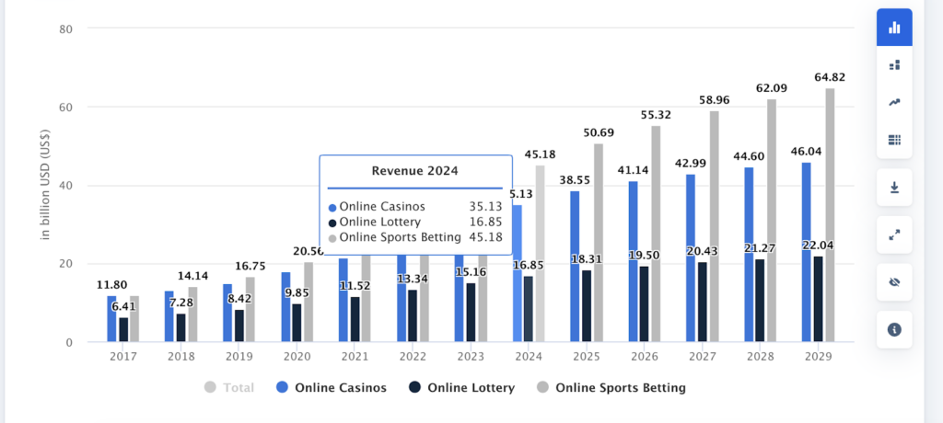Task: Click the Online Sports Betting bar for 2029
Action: click(830, 215)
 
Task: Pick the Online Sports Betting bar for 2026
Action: click(656, 234)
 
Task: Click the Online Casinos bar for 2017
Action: click(111, 319)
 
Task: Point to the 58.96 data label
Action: click(716, 99)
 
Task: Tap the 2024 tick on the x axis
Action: click(529, 356)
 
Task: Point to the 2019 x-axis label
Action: click(239, 356)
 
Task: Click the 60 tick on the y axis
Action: click(67, 108)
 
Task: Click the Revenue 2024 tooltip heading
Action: click(415, 170)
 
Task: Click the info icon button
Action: click(894, 329)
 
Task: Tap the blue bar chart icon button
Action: click(894, 28)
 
